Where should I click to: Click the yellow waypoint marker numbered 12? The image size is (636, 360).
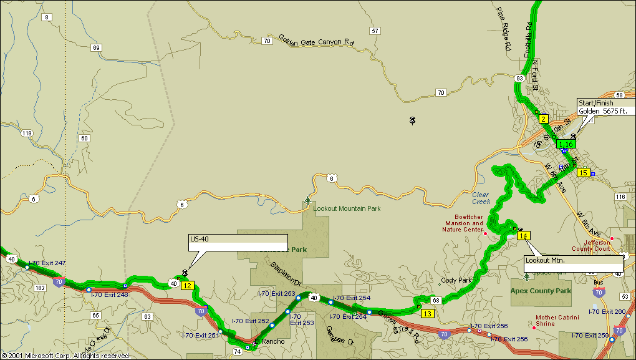187,286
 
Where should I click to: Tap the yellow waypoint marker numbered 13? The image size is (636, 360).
427,313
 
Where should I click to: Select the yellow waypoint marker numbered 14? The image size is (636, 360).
524,236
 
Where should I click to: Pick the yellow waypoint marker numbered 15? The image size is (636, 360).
583,173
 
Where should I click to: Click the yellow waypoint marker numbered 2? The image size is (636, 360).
543,119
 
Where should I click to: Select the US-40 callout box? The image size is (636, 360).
238,242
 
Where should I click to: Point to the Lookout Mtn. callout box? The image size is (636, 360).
574,263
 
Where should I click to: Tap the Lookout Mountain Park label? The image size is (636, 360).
347,209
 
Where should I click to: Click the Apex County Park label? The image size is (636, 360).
541,291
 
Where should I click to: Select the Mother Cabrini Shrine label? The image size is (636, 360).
556,321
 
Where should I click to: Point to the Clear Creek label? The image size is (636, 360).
481,198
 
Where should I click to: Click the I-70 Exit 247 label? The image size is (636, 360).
47,263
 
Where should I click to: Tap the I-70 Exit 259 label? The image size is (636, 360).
590,336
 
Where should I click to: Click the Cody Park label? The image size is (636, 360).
456,280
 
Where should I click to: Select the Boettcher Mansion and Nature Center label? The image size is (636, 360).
464,223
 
